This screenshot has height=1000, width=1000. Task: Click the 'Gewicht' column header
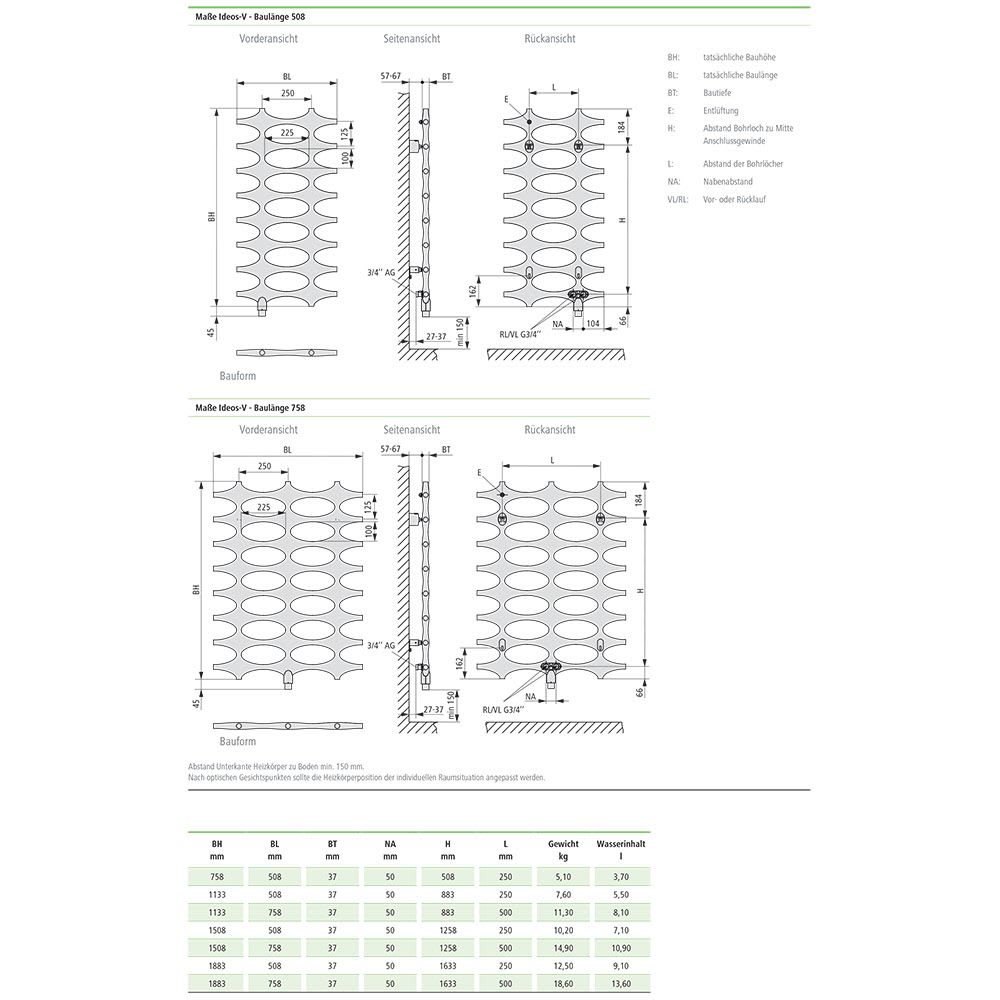[563, 844]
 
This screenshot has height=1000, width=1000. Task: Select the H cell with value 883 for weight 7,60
[447, 895]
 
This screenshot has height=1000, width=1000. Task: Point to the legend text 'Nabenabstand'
[727, 181]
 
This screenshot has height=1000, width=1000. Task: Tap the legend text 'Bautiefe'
[717, 92]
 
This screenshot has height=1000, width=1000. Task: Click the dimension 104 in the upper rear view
[593, 324]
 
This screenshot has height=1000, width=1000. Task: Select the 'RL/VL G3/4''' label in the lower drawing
[505, 709]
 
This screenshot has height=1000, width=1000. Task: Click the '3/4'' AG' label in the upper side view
[383, 271]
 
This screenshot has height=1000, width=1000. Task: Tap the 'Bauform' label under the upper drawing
[238, 375]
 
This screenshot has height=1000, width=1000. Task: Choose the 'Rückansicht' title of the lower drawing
[550, 430]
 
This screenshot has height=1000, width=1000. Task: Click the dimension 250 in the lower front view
[264, 466]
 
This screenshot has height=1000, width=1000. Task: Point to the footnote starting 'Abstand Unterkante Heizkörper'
[275, 766]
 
